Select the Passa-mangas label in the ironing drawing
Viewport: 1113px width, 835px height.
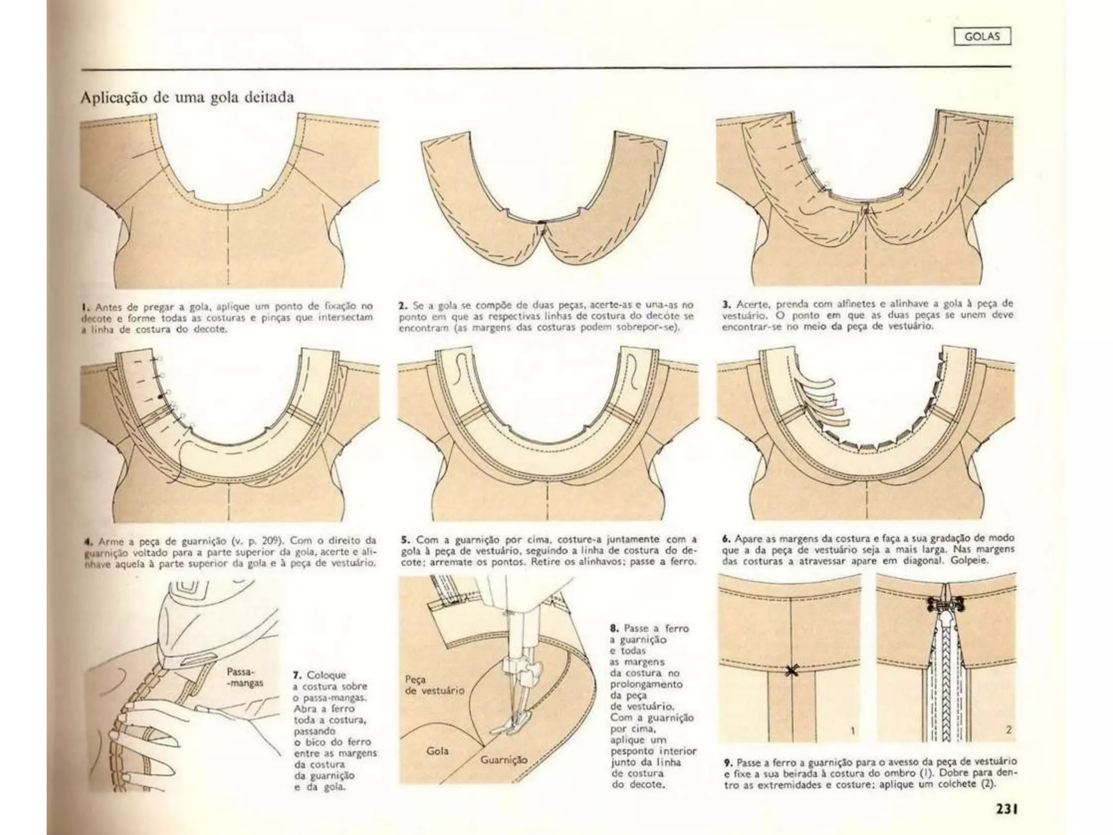(x=244, y=677)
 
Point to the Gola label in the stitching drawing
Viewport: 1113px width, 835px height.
(x=437, y=751)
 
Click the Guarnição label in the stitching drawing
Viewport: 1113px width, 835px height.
(x=503, y=759)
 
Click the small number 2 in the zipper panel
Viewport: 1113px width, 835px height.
(x=1008, y=730)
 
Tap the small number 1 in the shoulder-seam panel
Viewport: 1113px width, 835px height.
(x=852, y=731)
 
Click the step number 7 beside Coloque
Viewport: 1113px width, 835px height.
(x=297, y=675)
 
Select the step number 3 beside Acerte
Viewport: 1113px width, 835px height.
(x=726, y=304)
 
